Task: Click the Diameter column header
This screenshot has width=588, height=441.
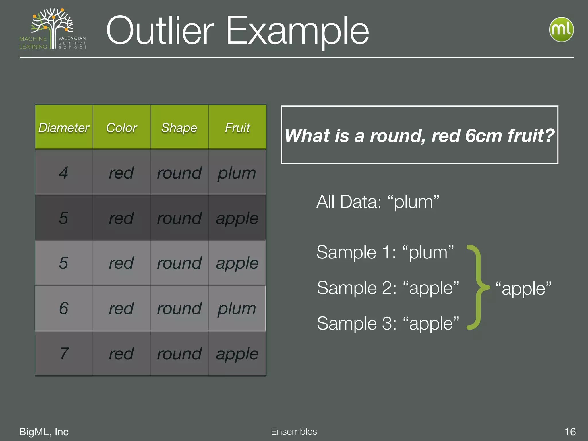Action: pyautogui.click(x=64, y=128)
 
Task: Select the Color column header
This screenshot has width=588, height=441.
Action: pyautogui.click(x=121, y=128)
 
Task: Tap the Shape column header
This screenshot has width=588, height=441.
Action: pyautogui.click(x=179, y=128)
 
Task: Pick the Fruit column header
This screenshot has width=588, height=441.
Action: pyautogui.click(x=237, y=128)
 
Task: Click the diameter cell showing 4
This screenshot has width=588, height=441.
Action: pyautogui.click(x=64, y=173)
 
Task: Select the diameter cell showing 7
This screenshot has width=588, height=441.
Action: pyautogui.click(x=64, y=353)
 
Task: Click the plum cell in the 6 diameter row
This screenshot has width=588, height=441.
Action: pyautogui.click(x=237, y=309)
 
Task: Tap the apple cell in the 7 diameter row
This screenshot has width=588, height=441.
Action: pyautogui.click(x=237, y=354)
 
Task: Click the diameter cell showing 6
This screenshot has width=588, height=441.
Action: pyautogui.click(x=64, y=308)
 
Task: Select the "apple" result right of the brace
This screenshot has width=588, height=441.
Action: pyautogui.click(x=523, y=288)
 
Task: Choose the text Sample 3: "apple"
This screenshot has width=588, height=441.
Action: pyautogui.click(x=388, y=324)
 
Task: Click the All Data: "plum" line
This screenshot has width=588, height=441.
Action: pyautogui.click(x=378, y=202)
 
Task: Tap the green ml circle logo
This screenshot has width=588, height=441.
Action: pyautogui.click(x=561, y=30)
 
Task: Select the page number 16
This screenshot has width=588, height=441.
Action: pyautogui.click(x=570, y=432)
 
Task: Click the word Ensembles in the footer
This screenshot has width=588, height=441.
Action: pyautogui.click(x=294, y=431)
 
